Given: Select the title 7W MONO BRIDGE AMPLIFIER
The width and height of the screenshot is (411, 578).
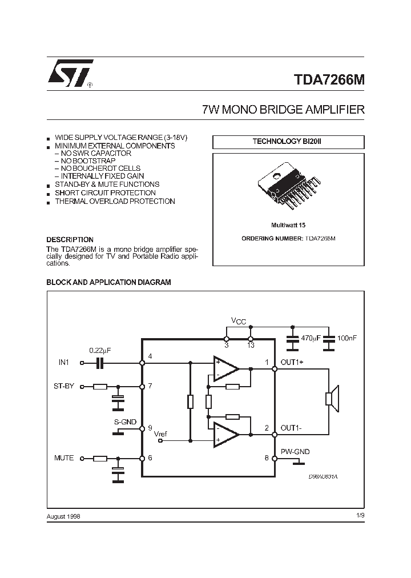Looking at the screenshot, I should coord(283,110).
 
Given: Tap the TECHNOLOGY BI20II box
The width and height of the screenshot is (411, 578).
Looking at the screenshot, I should coord(288,142).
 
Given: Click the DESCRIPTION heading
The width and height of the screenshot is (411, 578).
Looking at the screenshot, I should coord(70,240).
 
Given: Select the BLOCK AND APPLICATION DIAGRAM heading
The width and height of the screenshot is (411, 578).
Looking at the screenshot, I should coord(108,282).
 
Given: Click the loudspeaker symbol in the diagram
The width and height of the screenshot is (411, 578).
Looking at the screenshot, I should coord(332,399).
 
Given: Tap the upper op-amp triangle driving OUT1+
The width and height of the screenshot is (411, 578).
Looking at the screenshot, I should coord(225,368).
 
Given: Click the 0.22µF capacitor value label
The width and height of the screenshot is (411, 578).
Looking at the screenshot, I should coord(100,350).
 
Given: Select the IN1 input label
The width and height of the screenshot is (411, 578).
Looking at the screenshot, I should coord(63,362).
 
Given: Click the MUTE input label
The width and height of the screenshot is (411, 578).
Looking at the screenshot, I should coord(64,458).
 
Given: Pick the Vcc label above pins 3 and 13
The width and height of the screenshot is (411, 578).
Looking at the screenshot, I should coord(238,322).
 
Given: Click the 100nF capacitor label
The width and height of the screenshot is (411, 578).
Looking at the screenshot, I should coord(346,338).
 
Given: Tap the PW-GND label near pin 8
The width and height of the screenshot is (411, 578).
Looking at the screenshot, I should coord(295,451).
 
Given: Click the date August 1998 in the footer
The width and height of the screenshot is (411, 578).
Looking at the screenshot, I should coord(63,516).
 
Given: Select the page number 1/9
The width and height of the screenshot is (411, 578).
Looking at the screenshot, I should coord(360,516).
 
